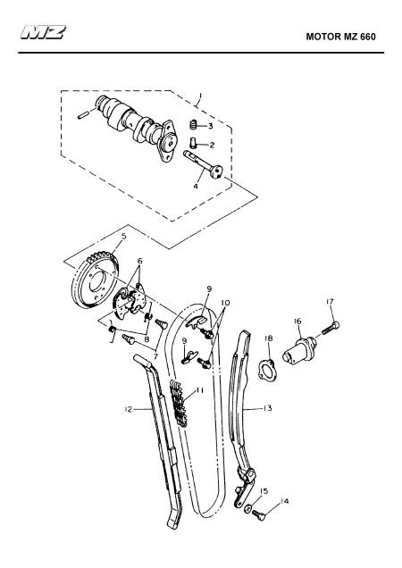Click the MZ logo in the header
(x=44, y=32)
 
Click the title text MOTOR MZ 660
(x=340, y=37)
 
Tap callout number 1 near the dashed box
(x=199, y=96)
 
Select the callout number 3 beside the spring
(x=210, y=126)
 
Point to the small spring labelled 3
(x=193, y=125)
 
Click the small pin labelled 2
(x=193, y=144)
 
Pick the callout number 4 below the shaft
(x=196, y=186)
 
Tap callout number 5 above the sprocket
(x=124, y=237)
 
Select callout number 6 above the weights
(x=140, y=261)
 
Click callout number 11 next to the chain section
(x=199, y=390)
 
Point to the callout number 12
(x=129, y=409)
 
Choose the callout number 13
(x=267, y=408)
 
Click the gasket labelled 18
(x=267, y=370)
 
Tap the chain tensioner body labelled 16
(x=300, y=351)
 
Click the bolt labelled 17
(x=331, y=328)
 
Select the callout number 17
(x=330, y=301)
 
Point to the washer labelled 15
(x=247, y=508)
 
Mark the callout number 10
(x=225, y=303)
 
